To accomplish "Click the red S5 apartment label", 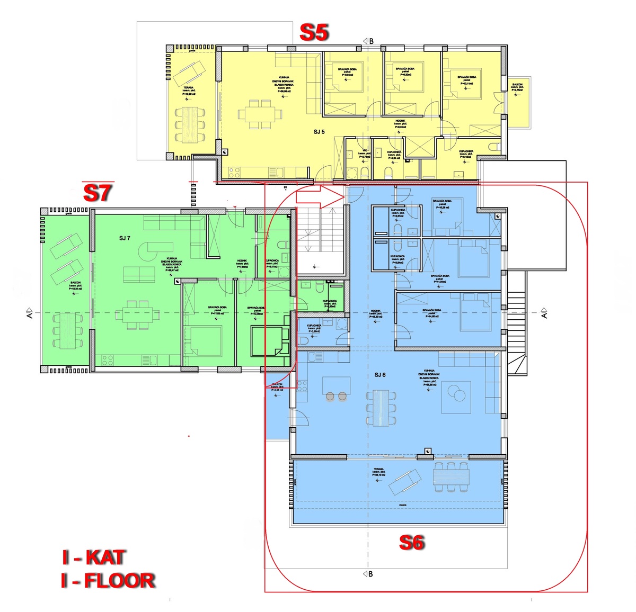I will (x=314, y=33).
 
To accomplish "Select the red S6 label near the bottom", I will (x=412, y=543).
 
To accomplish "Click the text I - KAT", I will (x=94, y=557).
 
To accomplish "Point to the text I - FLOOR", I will (x=108, y=581).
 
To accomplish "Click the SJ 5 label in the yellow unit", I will (x=319, y=132).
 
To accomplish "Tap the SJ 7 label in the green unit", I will (x=125, y=238).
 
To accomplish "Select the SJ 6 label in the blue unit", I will (x=380, y=375).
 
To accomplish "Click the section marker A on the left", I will (x=30, y=313).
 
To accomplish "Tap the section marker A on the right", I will (x=544, y=313).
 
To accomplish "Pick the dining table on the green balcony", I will (x=67, y=331).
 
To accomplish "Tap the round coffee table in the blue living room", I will (x=456, y=394).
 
